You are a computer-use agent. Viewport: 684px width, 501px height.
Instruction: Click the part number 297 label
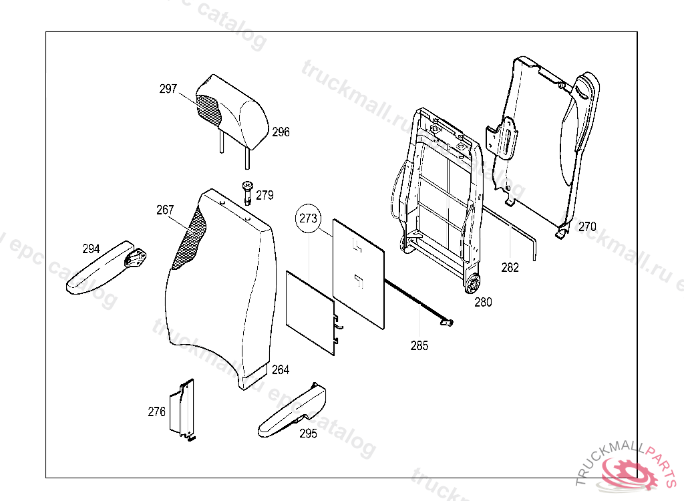(168, 89)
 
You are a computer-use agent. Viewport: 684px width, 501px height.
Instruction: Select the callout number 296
(281, 132)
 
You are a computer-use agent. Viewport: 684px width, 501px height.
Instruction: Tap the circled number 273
(309, 218)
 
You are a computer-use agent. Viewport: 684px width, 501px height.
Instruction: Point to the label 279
(265, 196)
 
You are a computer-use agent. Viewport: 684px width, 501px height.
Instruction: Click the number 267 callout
(165, 210)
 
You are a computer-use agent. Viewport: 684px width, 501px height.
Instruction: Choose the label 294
(91, 249)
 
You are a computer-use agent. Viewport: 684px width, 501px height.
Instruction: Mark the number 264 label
(281, 370)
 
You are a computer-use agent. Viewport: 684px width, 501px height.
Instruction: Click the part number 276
(156, 412)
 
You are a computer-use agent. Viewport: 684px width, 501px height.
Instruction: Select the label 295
(308, 434)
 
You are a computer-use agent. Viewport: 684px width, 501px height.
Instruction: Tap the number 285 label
(419, 345)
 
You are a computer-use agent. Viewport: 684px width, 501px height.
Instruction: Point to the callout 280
(483, 302)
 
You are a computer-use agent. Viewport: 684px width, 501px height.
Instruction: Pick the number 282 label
(510, 268)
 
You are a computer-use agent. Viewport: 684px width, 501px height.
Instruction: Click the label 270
(587, 226)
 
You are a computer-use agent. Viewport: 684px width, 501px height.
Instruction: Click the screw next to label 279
(248, 194)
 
